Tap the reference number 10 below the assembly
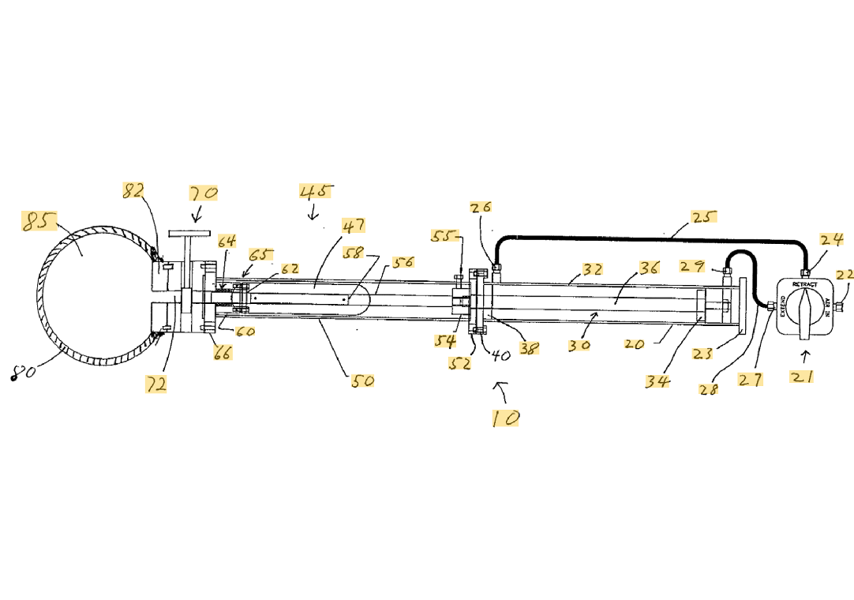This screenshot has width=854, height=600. click(505, 418)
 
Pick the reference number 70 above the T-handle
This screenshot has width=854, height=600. click(203, 193)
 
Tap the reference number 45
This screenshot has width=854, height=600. click(315, 191)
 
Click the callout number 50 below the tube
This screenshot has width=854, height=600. click(363, 381)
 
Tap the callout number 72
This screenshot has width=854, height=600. click(156, 384)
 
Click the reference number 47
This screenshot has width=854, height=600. click(353, 226)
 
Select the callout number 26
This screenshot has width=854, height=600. click(481, 208)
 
